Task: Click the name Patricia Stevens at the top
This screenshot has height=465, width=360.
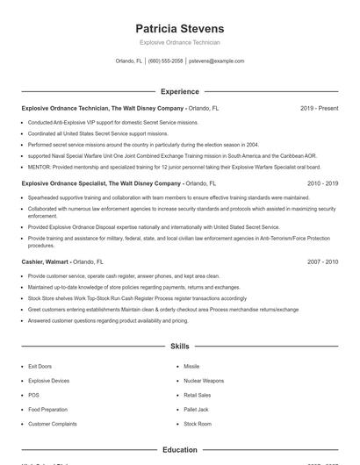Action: [180, 28]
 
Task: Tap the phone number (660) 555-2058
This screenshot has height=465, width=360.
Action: [166, 61]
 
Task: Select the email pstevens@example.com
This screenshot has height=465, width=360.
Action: [216, 61]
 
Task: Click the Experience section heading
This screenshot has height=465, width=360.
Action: [180, 91]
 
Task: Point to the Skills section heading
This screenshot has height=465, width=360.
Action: [180, 347]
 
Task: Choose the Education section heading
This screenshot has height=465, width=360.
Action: [180, 449]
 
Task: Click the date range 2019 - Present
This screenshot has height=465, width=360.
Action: [319, 108]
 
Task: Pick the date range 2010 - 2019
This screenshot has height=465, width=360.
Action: [322, 183]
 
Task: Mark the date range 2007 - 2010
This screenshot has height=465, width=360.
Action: [322, 261]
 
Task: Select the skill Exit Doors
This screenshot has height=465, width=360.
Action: [40, 366]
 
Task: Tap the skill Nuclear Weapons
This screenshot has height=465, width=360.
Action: [204, 381]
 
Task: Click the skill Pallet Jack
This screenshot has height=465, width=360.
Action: [196, 410]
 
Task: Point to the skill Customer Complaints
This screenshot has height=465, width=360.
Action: [52, 424]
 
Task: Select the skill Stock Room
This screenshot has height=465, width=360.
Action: [198, 424]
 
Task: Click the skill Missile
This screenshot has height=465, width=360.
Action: [191, 366]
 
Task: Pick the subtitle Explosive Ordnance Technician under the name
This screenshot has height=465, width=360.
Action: [180, 42]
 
